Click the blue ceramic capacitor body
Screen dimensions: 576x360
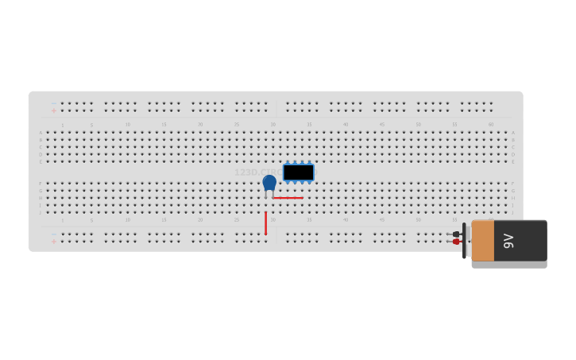pyautogui.click(x=269, y=183)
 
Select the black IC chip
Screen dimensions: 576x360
pyautogui.click(x=298, y=172)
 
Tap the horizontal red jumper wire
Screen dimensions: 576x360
pyautogui.click(x=288, y=198)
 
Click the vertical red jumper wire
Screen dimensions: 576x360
pyautogui.click(x=265, y=223)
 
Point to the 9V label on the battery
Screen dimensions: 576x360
pyautogui.click(x=508, y=241)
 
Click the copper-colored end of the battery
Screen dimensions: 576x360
pyautogui.click(x=482, y=241)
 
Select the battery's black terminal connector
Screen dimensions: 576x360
pyautogui.click(x=456, y=234)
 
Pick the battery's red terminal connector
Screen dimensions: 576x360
pyautogui.click(x=456, y=242)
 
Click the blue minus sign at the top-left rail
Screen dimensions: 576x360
pyautogui.click(x=54, y=103)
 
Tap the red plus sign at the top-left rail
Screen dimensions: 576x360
pyautogui.click(x=54, y=111)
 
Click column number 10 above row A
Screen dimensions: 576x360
pyautogui.click(x=127, y=125)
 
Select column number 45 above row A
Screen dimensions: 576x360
pyautogui.click(x=382, y=125)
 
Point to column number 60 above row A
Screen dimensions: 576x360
pyautogui.click(x=491, y=125)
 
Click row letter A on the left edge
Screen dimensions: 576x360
pyautogui.click(x=41, y=133)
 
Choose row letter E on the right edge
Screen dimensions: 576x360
pyautogui.click(x=513, y=161)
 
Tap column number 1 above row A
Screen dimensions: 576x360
pyautogui.click(x=62, y=125)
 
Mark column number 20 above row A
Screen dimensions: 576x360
pyautogui.click(x=200, y=125)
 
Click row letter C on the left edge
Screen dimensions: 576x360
pyautogui.click(x=41, y=147)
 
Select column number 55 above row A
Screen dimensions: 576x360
pyautogui.click(x=454, y=125)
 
